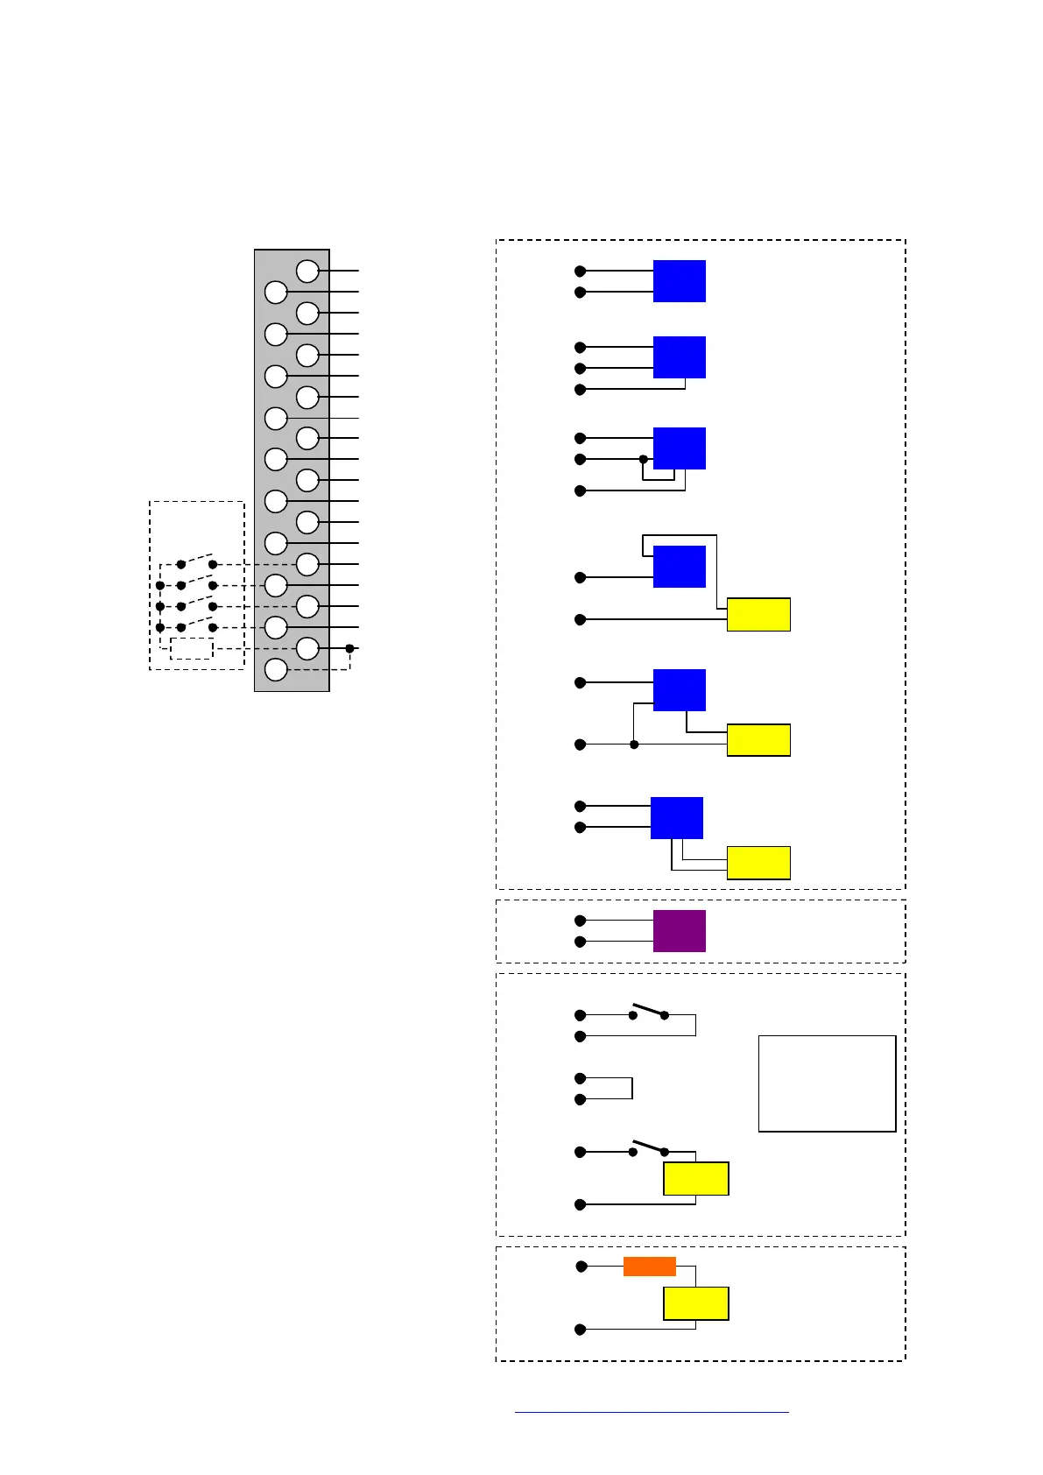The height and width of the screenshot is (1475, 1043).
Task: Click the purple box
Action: pyautogui.click(x=679, y=930)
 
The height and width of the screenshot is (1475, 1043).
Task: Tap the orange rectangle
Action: pyautogui.click(x=649, y=1267)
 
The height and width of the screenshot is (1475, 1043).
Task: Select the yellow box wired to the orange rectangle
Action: pyautogui.click(x=695, y=1303)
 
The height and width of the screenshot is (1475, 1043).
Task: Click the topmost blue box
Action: pyautogui.click(x=679, y=281)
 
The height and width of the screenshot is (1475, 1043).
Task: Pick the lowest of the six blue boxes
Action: pyautogui.click(x=676, y=818)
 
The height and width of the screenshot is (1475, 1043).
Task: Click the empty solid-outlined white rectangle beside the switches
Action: pyautogui.click(x=827, y=1083)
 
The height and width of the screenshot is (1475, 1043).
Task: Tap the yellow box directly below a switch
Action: pyautogui.click(x=695, y=1179)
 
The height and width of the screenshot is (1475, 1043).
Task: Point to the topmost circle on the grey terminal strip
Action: pyautogui.click(x=307, y=271)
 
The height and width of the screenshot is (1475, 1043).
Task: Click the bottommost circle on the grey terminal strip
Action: pyautogui.click(x=276, y=670)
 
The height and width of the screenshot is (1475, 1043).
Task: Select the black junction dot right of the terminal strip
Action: pyautogui.click(x=349, y=648)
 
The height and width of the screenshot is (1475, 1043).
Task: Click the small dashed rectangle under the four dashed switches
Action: pyautogui.click(x=192, y=649)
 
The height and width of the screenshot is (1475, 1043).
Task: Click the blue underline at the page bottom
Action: pyautogui.click(x=652, y=1412)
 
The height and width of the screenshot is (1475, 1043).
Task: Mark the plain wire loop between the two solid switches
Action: pyautogui.click(x=613, y=1088)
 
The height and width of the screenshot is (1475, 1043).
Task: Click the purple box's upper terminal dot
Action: pyautogui.click(x=580, y=921)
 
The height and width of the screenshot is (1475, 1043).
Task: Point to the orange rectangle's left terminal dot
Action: pyautogui.click(x=581, y=1267)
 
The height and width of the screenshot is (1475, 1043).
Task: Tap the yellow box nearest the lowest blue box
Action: pyautogui.click(x=758, y=862)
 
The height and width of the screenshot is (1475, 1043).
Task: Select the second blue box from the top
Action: pyautogui.click(x=679, y=357)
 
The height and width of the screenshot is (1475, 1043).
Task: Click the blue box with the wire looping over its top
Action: pyautogui.click(x=679, y=567)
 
